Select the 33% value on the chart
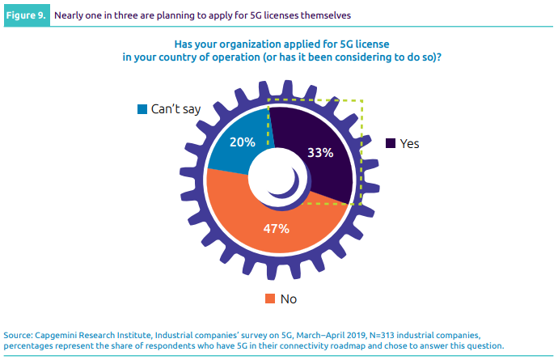point(319,153)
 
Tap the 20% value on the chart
point(243,142)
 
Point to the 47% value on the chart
point(276,228)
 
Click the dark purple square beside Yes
point(391,143)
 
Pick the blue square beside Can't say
point(142,108)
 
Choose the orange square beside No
point(271,299)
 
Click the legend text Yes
point(410,143)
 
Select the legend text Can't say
point(175,108)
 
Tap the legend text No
point(289,299)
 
